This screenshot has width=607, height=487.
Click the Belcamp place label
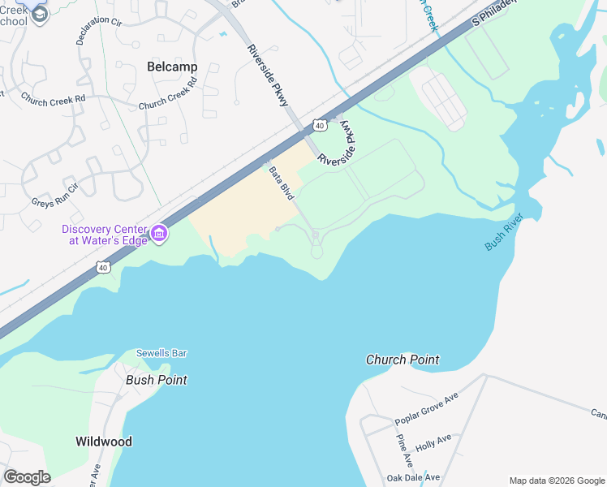(x=172, y=68)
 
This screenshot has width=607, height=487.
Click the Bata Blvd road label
(x=280, y=185)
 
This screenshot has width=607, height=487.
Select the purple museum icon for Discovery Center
(x=159, y=235)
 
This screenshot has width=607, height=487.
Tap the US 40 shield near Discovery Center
(x=102, y=266)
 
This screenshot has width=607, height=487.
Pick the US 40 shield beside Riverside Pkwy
(x=321, y=126)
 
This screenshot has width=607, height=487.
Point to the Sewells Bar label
(x=161, y=353)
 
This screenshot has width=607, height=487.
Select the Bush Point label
(x=156, y=380)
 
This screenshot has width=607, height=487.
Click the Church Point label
(x=403, y=360)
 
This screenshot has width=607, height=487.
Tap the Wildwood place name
(x=104, y=442)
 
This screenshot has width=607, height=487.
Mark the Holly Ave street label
(x=433, y=442)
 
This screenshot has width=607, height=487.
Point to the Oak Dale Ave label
(x=413, y=477)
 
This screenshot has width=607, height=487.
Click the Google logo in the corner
(x=27, y=477)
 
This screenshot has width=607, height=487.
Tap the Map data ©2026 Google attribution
(x=557, y=481)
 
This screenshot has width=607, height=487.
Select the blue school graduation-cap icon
(x=37, y=13)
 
